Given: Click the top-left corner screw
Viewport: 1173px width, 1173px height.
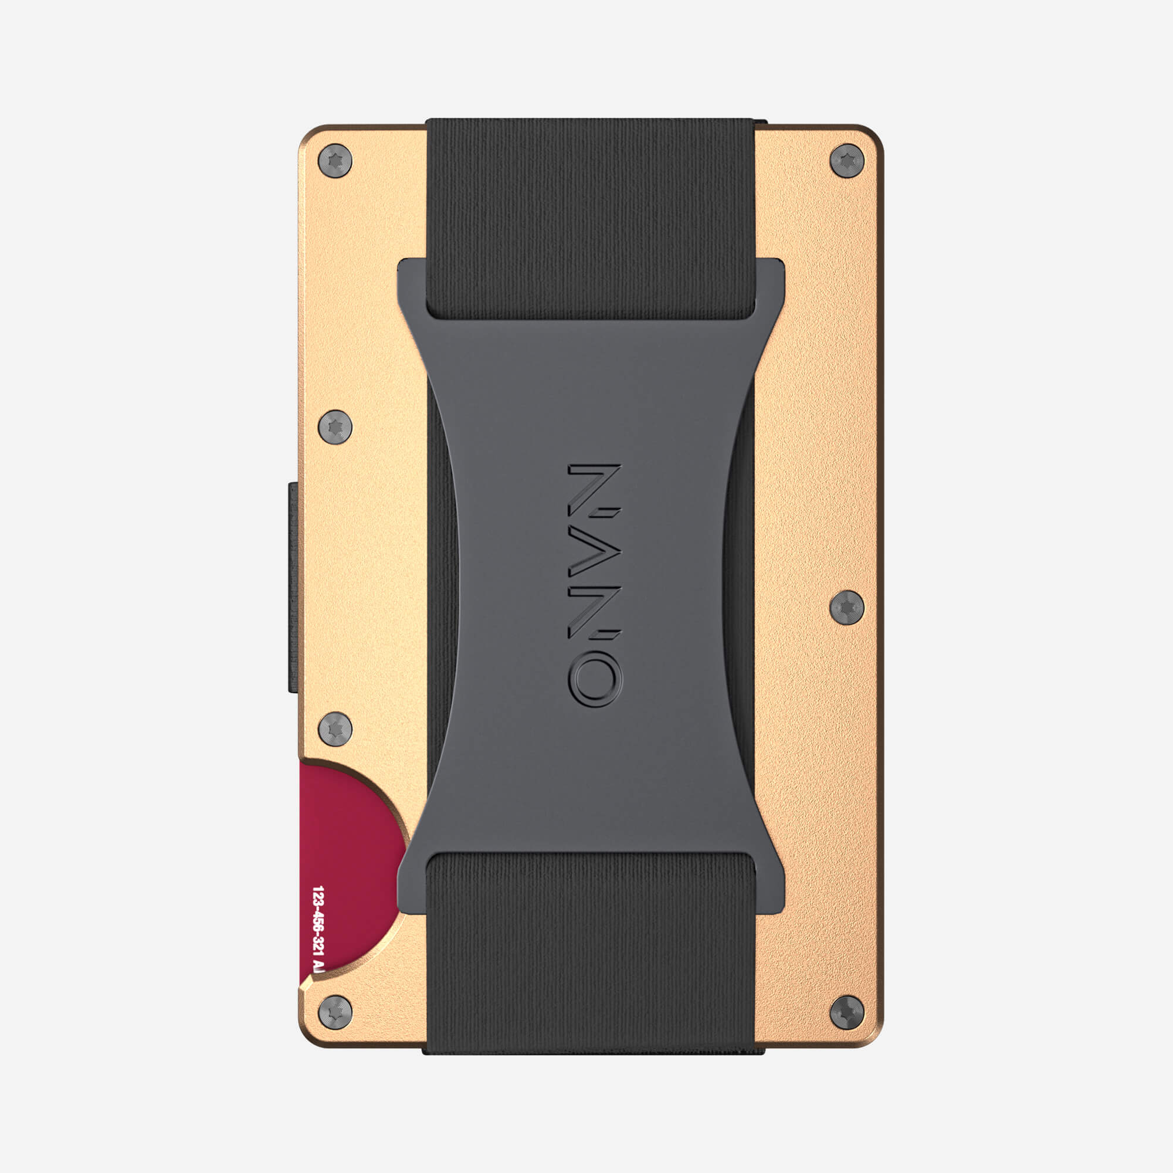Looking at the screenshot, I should (335, 161).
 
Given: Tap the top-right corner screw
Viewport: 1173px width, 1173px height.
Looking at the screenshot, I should (846, 161).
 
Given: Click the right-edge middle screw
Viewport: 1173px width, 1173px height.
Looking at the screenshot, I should (846, 606).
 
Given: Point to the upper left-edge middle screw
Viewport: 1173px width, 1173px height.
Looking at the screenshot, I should (335, 427).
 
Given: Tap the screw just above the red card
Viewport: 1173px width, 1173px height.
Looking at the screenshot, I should (335, 729).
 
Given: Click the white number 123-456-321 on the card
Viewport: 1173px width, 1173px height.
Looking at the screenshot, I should (317, 929).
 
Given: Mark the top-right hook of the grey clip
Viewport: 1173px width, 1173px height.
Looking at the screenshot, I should (770, 286).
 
